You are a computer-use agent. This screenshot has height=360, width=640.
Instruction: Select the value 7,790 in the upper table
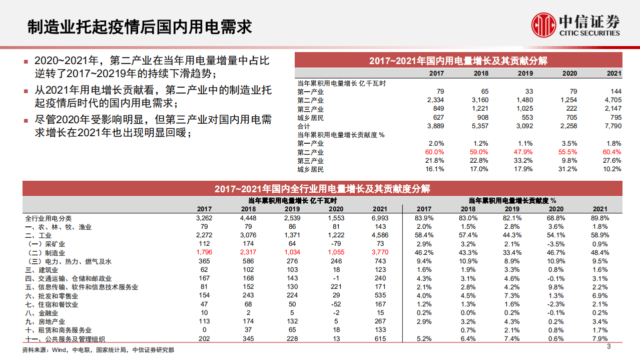tap(611, 126)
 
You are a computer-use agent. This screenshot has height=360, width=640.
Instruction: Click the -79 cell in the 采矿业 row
tap(336, 244)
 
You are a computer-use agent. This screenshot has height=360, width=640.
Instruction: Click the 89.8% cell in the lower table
tap(600, 218)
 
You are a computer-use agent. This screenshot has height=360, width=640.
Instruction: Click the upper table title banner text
tap(458, 61)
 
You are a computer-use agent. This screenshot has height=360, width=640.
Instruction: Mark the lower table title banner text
tap(322, 189)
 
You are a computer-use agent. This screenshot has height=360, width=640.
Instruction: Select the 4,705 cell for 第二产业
tap(611, 100)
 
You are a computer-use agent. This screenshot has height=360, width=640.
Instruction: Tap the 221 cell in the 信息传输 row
tap(336, 287)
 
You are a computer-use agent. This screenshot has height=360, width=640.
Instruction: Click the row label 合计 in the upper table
tap(304, 126)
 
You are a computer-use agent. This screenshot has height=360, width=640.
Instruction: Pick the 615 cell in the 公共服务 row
tap(380, 339)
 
